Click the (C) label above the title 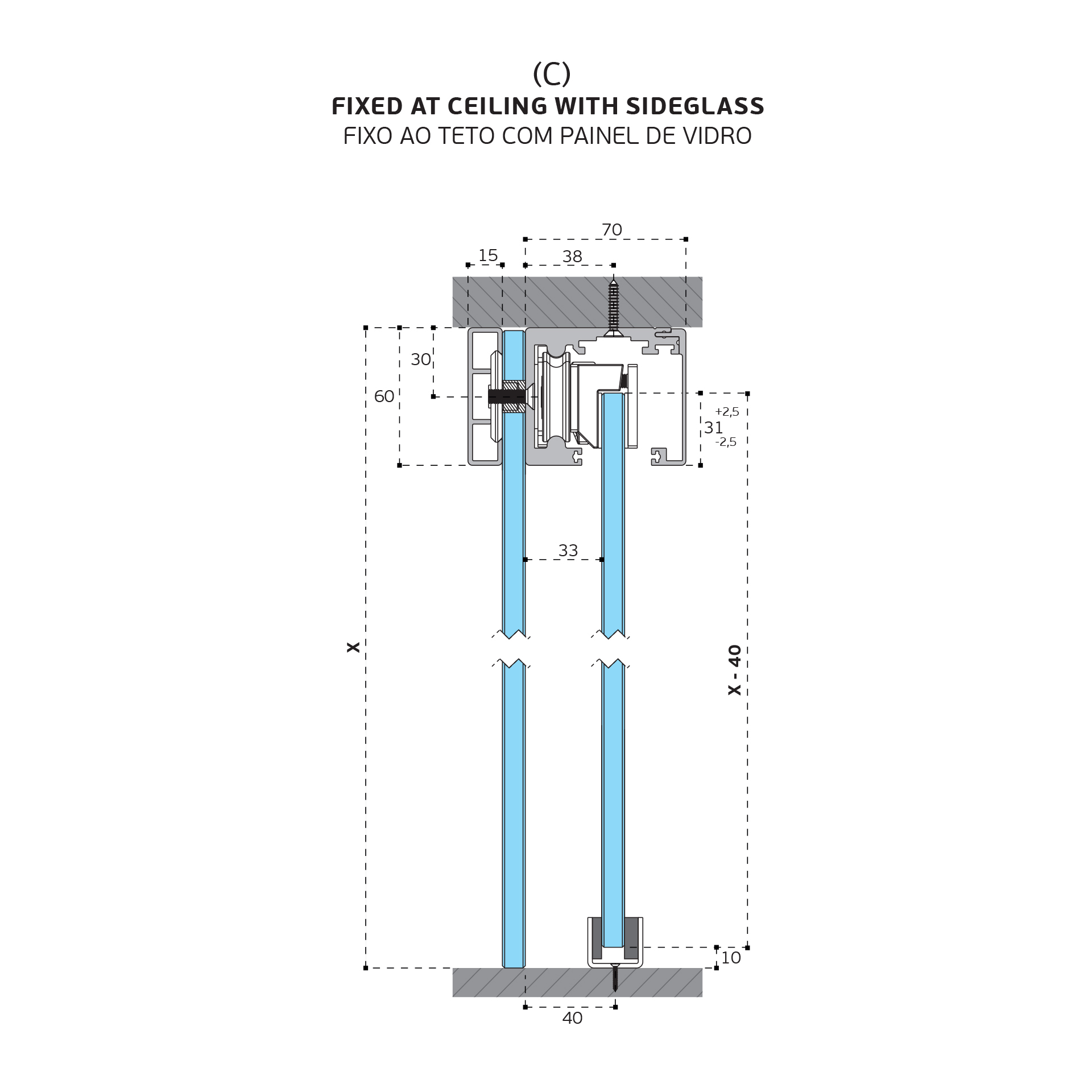point(551,74)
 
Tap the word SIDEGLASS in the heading point(695,106)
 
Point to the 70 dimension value point(612,230)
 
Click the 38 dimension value point(572,257)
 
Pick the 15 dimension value point(488,255)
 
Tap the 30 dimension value point(421,359)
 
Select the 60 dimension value point(384,396)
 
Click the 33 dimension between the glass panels point(568,551)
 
